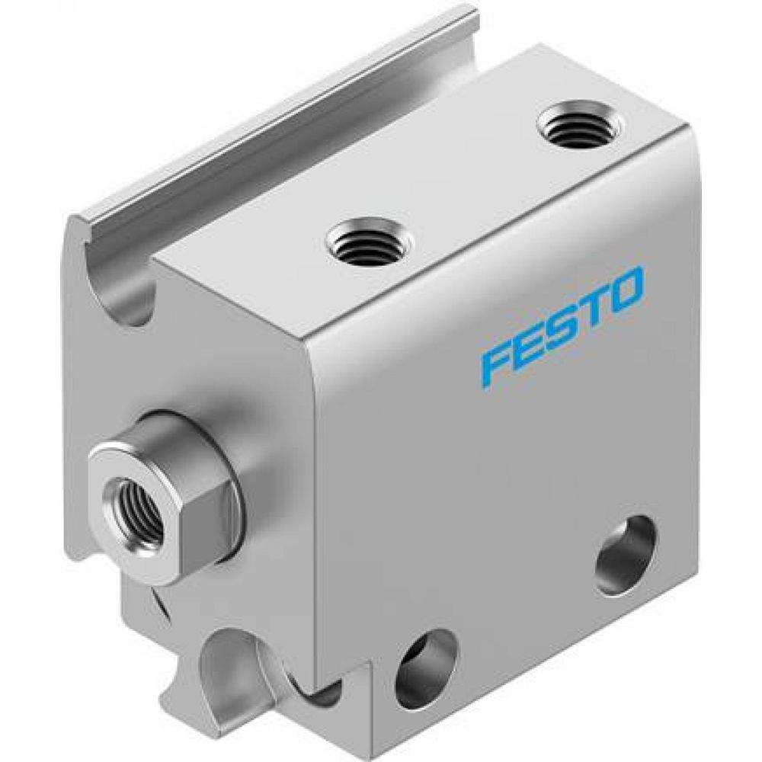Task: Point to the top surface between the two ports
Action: [472, 183]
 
